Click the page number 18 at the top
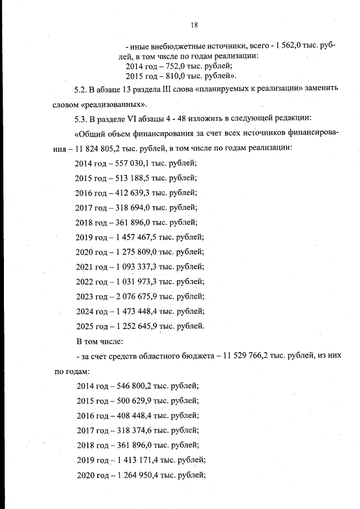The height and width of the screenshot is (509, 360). [194, 25]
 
